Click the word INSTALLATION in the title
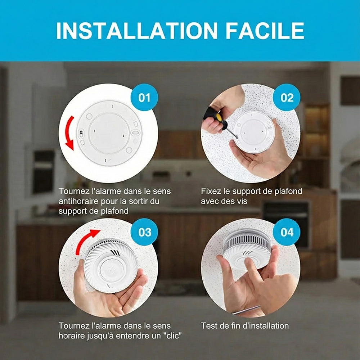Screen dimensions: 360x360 tap(136, 31)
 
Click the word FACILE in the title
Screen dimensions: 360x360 tap(265, 31)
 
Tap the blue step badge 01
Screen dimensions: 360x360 tap(144, 97)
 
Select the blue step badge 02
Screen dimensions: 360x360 tap(287, 97)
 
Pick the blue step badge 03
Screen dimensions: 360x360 tap(144, 232)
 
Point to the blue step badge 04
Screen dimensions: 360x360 tap(287, 232)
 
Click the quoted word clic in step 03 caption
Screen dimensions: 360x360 tap(172, 336)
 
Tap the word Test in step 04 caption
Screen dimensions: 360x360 tap(209, 325)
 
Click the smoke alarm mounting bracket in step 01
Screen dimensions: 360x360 tap(109, 133)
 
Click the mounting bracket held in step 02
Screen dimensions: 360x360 tap(253, 132)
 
